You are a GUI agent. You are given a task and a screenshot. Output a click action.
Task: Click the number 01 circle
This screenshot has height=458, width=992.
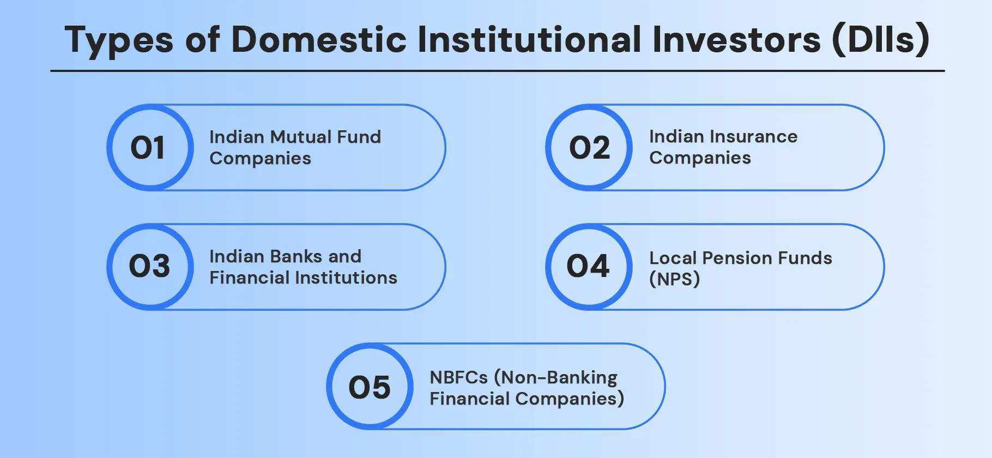[x=150, y=148]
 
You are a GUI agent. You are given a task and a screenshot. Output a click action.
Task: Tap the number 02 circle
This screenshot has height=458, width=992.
[x=589, y=148]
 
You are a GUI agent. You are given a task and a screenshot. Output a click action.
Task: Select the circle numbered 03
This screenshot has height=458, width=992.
[x=150, y=267]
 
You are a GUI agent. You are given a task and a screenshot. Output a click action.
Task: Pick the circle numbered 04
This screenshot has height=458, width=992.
[x=589, y=267]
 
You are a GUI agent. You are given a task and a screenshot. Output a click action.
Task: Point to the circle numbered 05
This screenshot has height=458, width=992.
[x=370, y=387]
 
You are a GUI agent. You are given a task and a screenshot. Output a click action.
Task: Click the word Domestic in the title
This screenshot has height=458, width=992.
[x=318, y=40]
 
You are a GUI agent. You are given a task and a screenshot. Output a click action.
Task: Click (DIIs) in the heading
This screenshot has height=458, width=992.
[x=880, y=40]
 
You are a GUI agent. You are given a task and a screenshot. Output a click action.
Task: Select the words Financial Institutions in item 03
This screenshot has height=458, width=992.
[x=303, y=278]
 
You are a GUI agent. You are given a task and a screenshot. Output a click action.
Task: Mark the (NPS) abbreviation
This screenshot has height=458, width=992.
[x=674, y=279]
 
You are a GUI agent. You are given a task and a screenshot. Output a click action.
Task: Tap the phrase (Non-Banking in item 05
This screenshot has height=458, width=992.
[x=556, y=377]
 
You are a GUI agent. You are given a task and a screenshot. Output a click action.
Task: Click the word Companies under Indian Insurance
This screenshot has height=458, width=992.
[x=700, y=158]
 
